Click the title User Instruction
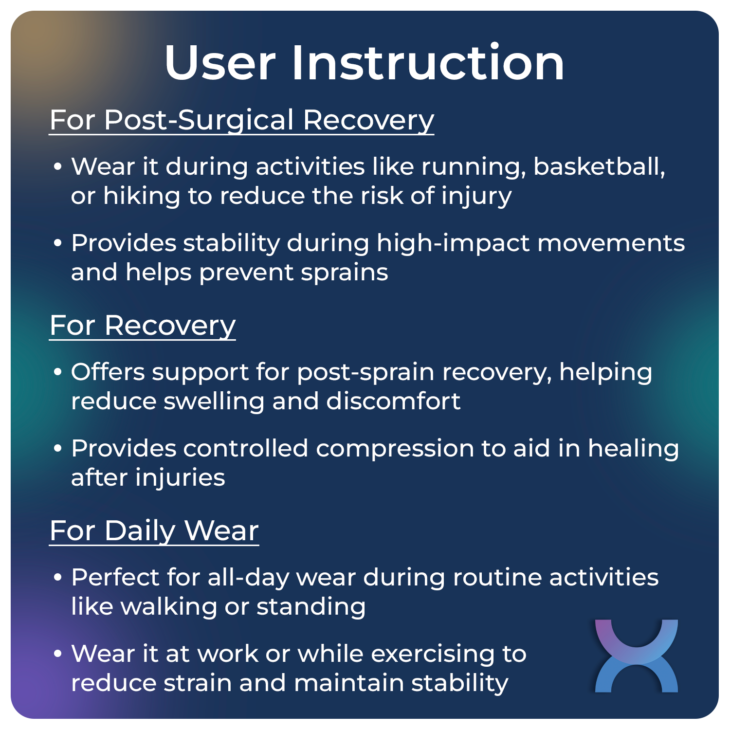(365, 63)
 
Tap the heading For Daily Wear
(154, 530)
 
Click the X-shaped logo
(636, 656)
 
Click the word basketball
(599, 166)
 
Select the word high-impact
(453, 243)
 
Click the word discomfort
(393, 401)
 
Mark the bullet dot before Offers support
(58, 372)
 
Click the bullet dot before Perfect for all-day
(58, 578)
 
